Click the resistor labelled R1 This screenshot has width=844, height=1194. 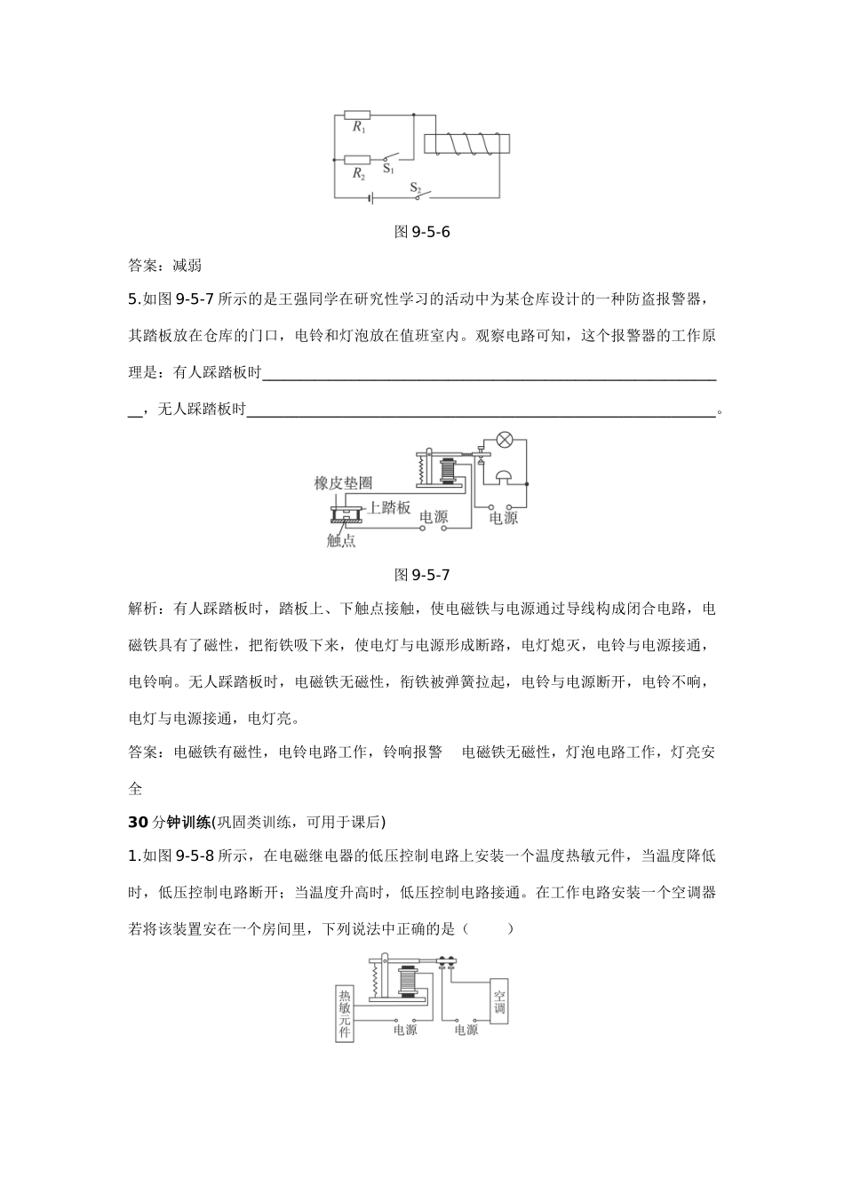tap(357, 115)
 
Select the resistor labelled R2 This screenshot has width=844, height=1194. tap(357, 161)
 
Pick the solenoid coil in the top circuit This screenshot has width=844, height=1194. tap(466, 144)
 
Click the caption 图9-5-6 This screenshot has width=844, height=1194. tap(422, 233)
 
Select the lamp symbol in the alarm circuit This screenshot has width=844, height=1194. tap(505, 440)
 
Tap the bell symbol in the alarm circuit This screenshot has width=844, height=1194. tap(504, 478)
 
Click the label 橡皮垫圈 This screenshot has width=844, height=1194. tap(343, 483)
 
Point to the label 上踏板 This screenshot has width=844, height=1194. tap(388, 507)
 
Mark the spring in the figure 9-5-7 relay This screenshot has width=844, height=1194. tap(423, 468)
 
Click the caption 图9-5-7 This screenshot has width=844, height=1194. tap(422, 575)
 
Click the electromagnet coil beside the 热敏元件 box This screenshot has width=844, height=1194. tap(408, 983)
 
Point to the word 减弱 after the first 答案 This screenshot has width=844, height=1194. tap(187, 265)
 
